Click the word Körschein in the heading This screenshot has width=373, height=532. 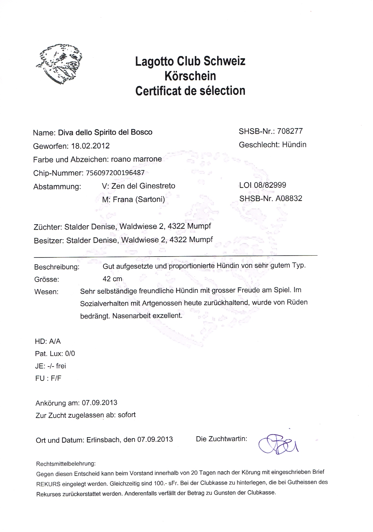[x=190, y=76]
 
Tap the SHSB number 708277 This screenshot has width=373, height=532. [x=290, y=131]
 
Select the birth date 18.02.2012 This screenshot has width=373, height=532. [x=90, y=146]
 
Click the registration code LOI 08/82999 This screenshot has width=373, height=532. [x=263, y=185]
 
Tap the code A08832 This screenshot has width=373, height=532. [x=289, y=199]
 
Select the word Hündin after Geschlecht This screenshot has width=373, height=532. [x=294, y=145]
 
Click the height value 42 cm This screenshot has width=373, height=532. [x=112, y=279]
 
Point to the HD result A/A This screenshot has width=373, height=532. [x=55, y=341]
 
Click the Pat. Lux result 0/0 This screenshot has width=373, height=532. [x=70, y=354]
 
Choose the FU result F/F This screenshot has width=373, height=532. [x=56, y=378]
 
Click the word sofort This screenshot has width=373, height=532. [x=127, y=415]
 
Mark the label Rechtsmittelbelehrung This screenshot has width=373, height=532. [x=66, y=464]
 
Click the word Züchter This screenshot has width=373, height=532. [x=46, y=227]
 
